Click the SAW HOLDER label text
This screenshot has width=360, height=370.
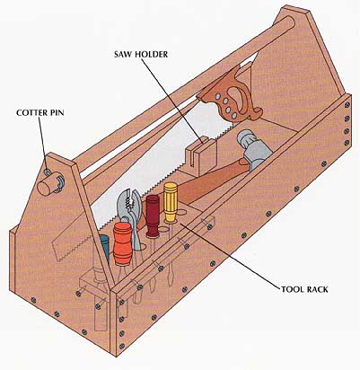click(x=141, y=54)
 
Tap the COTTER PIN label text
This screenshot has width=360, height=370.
click(x=40, y=113)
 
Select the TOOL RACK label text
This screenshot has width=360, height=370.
click(x=304, y=289)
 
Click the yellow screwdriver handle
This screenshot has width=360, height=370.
click(x=171, y=202)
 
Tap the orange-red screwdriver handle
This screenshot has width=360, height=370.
click(x=123, y=242)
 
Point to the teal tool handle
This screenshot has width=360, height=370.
click(x=104, y=248)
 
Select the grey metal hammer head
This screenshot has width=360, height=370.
click(x=254, y=148)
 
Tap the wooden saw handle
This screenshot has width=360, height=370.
click(x=231, y=97)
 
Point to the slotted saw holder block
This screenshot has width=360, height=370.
click(x=201, y=156)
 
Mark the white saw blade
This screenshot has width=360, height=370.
click(x=155, y=168)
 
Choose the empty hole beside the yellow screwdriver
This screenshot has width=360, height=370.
click(x=180, y=213)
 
